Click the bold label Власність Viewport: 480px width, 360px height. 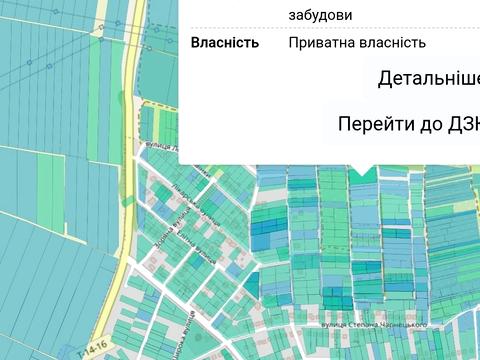click(225, 43)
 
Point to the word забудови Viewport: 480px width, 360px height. click(320, 15)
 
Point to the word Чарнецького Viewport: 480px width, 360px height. click(408, 325)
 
